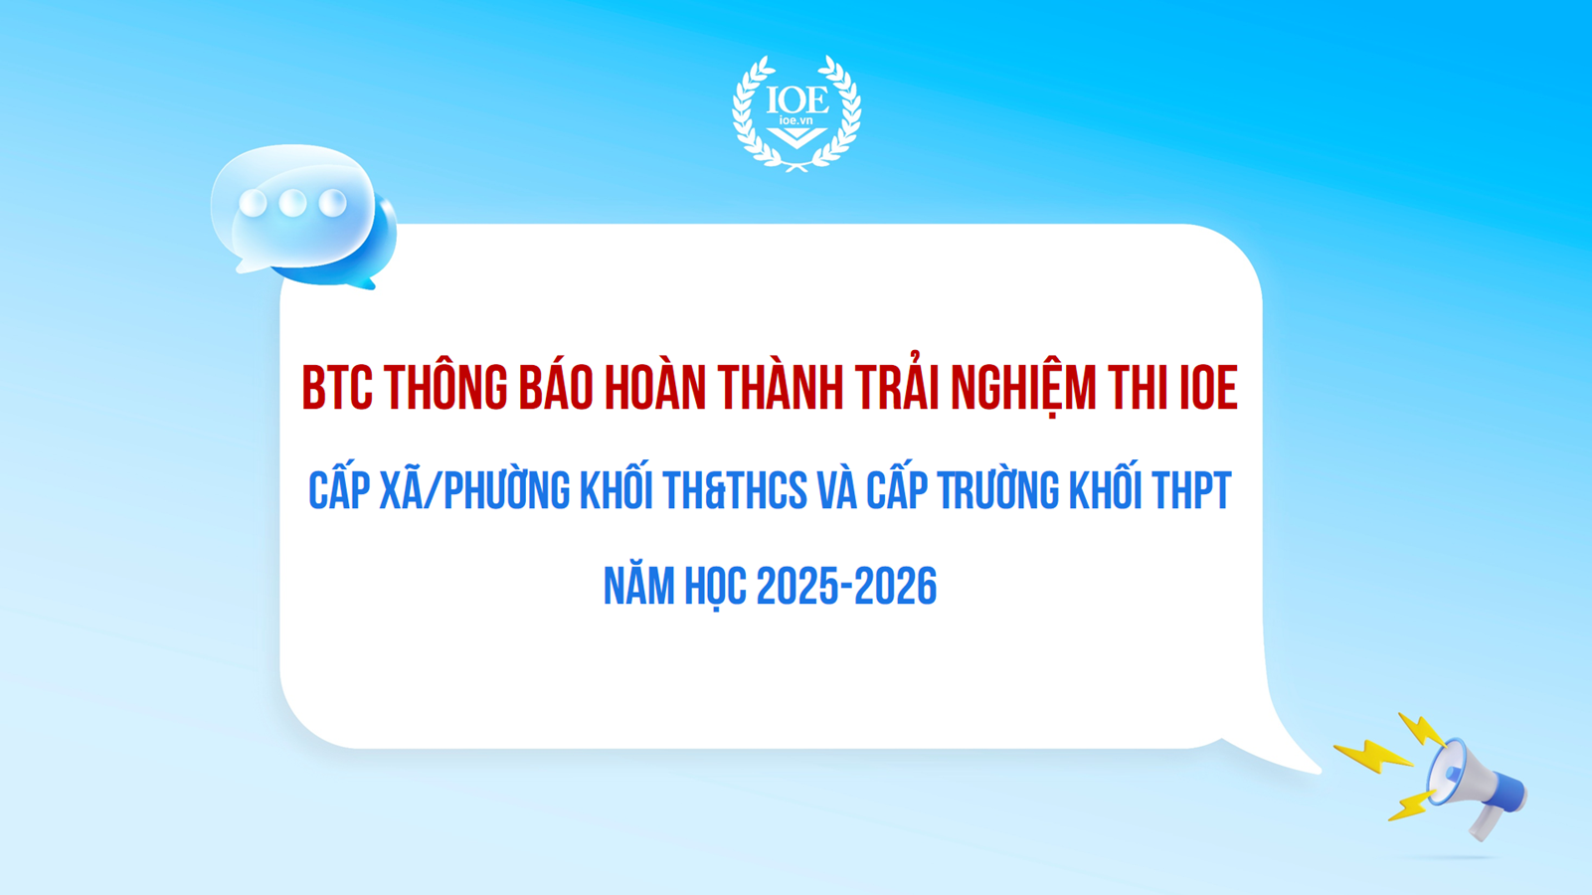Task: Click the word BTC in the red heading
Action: tap(337, 388)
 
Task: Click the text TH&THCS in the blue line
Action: tap(736, 490)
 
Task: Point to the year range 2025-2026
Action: tap(846, 587)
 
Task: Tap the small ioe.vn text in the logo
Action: tap(796, 120)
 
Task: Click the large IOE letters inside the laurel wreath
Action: tap(796, 100)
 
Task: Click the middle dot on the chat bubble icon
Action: tap(292, 203)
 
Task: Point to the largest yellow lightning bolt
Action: tap(1373, 757)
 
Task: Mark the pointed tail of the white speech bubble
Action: tap(1320, 771)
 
